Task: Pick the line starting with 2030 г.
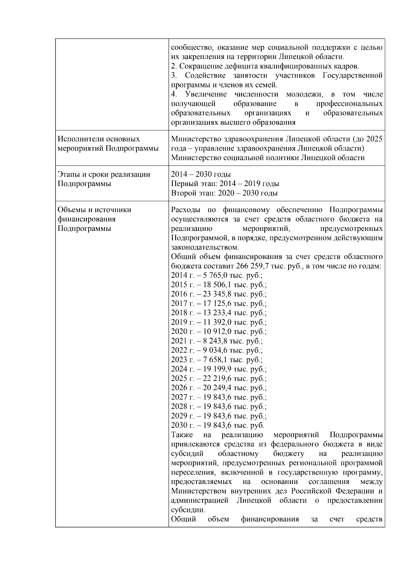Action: pyautogui.click(x=217, y=425)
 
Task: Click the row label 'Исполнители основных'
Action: pyautogui.click(x=99, y=139)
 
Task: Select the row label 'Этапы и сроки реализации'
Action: pyautogui.click(x=104, y=174)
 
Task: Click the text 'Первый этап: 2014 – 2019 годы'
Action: pyautogui.click(x=225, y=184)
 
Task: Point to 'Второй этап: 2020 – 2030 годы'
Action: pyautogui.click(x=224, y=193)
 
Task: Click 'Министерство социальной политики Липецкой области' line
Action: pyautogui.click(x=268, y=158)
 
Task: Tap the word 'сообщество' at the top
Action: pyautogui.click(x=190, y=47)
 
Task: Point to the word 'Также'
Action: pyautogui.click(x=181, y=434)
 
